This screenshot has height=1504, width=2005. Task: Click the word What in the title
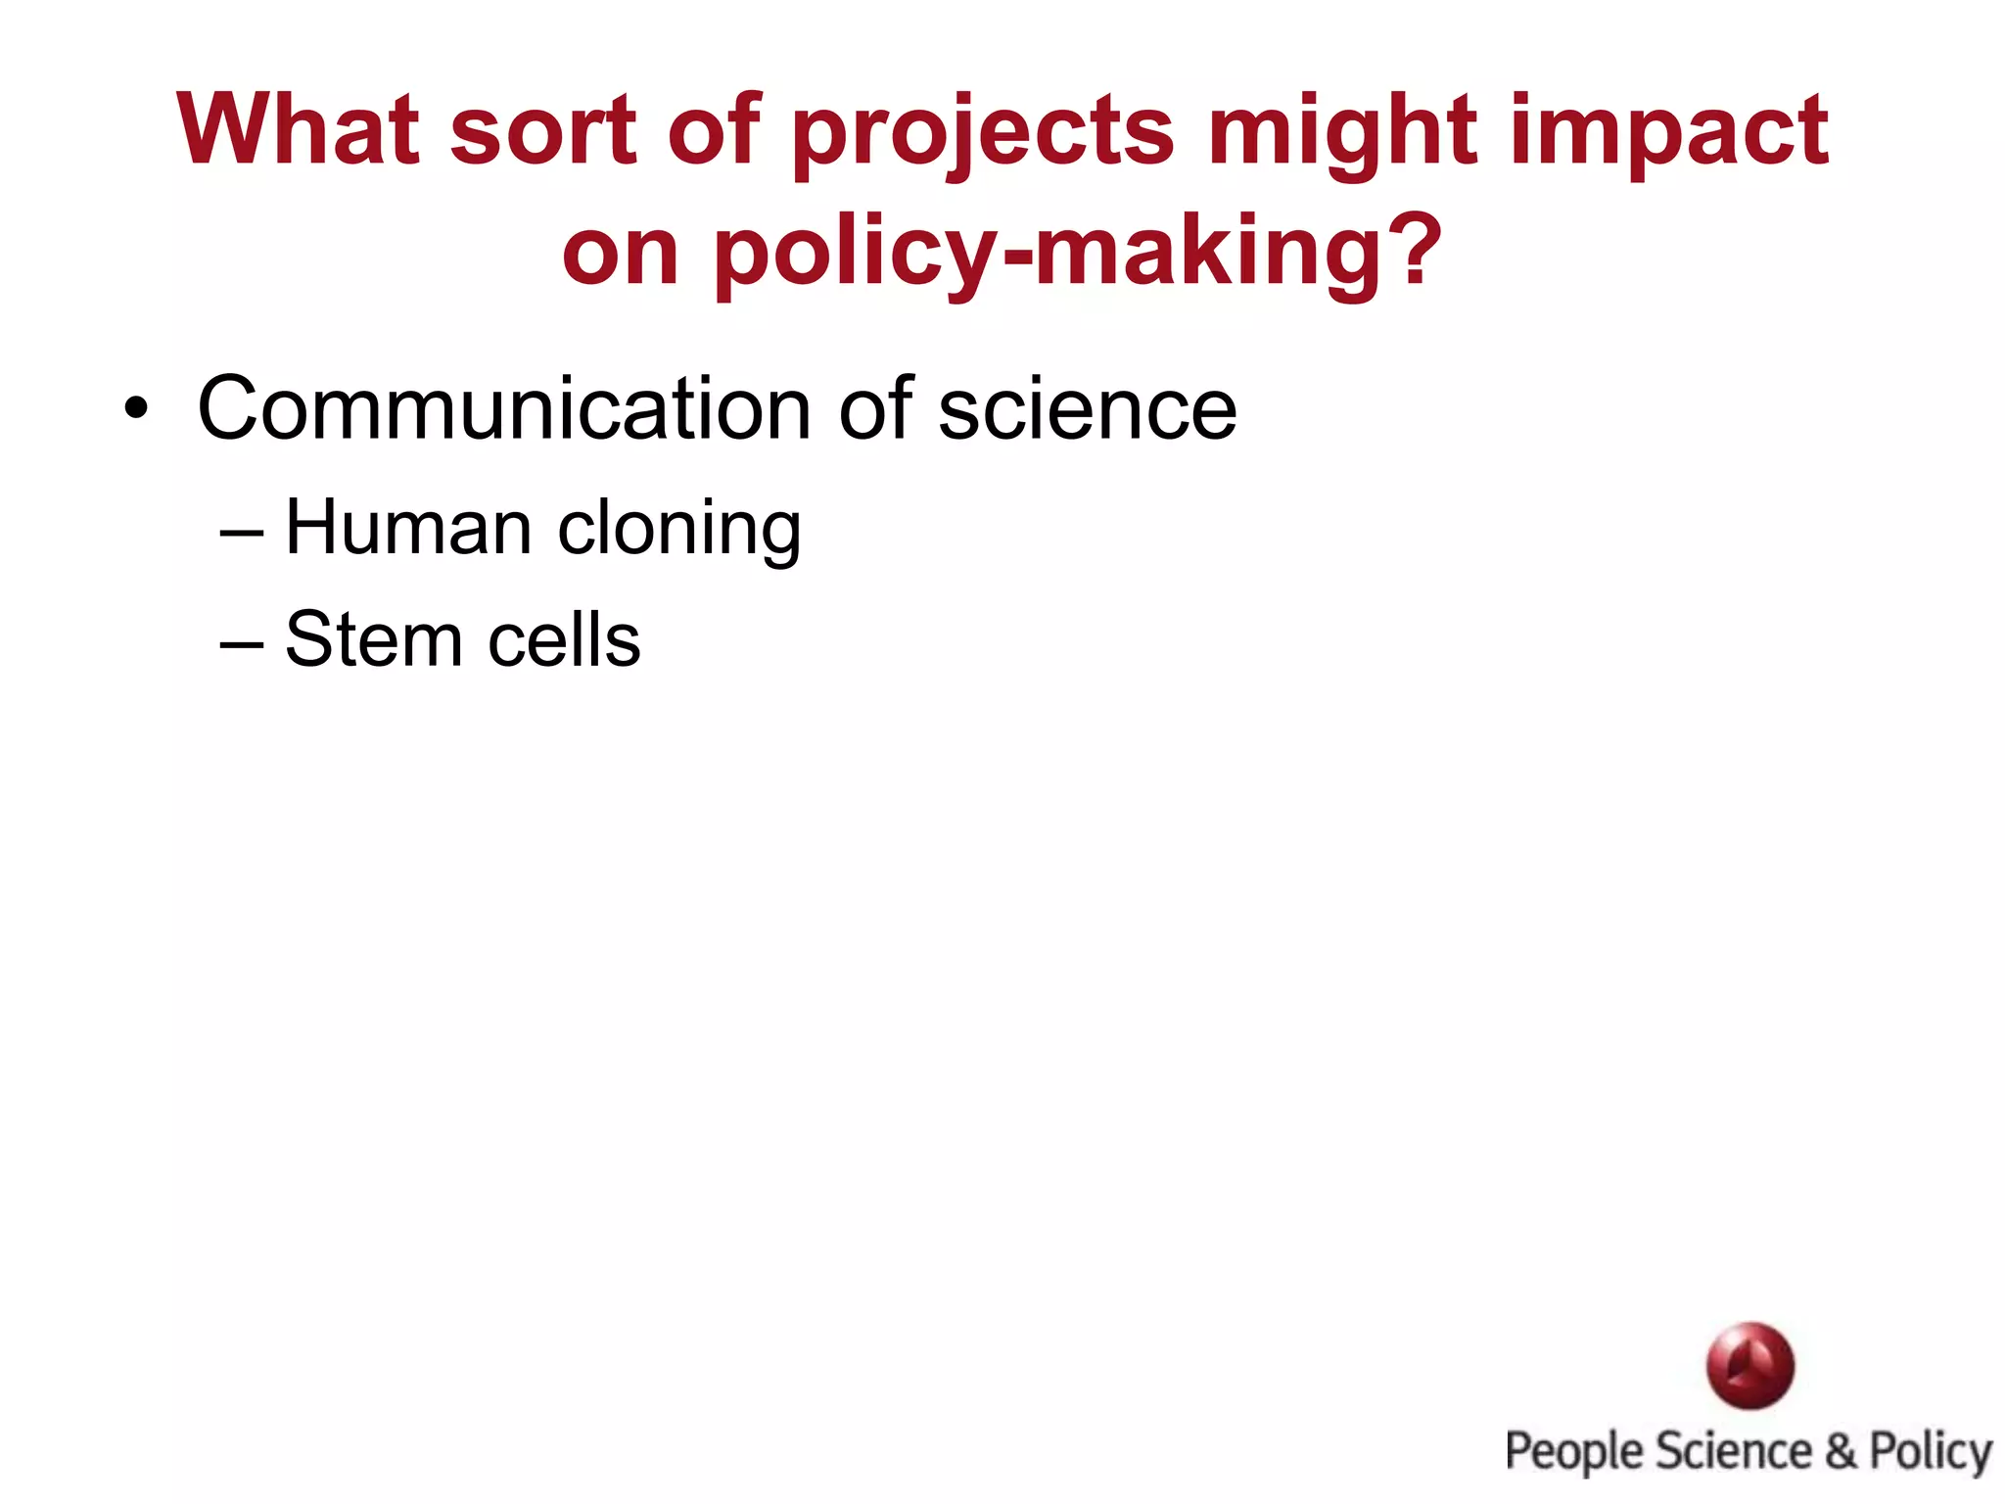point(299,129)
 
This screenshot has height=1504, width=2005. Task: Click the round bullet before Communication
point(136,409)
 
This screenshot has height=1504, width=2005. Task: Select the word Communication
point(503,409)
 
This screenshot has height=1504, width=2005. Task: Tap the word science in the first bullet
point(1087,409)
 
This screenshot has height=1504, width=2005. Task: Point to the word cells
point(564,640)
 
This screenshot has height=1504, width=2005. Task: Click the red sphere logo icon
point(1749,1365)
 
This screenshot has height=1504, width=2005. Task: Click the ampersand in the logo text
point(1841,1450)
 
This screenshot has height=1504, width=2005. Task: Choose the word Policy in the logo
point(1930,1452)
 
